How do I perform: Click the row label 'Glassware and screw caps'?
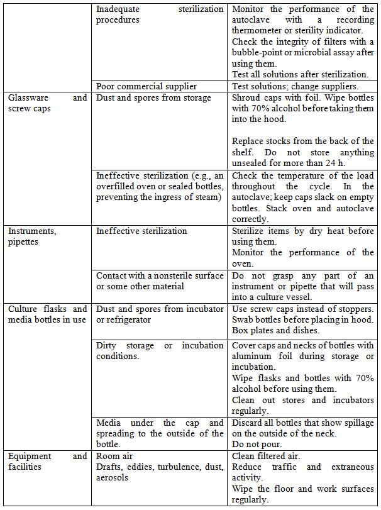click(47, 103)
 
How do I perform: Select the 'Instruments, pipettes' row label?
click(32, 236)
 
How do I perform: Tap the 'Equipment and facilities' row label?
click(47, 462)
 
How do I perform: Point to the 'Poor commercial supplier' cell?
click(146, 86)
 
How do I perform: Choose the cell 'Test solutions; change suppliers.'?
click(295, 86)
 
